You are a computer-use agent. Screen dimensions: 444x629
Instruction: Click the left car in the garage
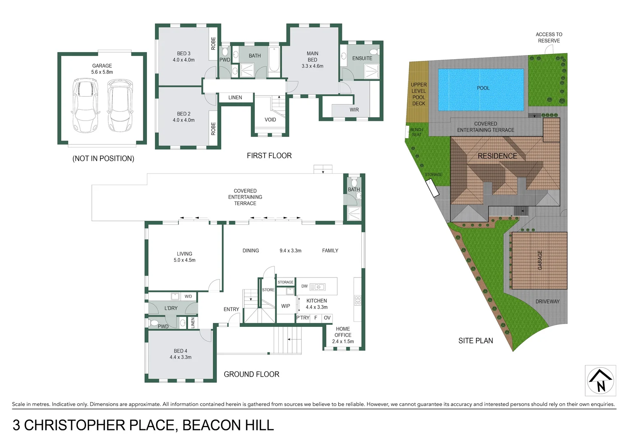click(x=85, y=105)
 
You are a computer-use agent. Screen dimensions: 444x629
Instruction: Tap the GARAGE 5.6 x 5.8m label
click(x=102, y=69)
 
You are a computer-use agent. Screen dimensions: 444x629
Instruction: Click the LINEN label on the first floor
click(x=235, y=97)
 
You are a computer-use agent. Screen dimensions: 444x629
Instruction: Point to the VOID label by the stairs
click(x=270, y=120)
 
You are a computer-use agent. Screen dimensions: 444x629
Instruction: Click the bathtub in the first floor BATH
click(x=274, y=60)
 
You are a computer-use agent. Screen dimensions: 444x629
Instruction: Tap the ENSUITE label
click(x=362, y=58)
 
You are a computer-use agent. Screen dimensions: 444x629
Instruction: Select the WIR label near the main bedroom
click(x=354, y=110)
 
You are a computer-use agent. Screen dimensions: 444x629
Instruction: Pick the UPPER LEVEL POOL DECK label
click(x=419, y=94)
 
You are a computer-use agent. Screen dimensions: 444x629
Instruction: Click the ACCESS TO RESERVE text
click(x=549, y=37)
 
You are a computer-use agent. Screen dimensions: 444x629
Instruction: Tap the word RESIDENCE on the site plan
click(x=497, y=156)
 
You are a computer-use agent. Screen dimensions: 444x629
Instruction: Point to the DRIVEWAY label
click(x=547, y=301)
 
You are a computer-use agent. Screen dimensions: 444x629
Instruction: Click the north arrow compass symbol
click(x=600, y=380)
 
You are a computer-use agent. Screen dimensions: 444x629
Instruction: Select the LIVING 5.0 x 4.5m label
click(x=184, y=257)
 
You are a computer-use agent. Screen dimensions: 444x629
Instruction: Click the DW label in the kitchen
click(x=304, y=286)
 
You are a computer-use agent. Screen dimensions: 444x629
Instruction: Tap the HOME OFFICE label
click(x=342, y=332)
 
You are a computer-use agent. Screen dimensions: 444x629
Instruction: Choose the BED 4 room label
click(x=180, y=354)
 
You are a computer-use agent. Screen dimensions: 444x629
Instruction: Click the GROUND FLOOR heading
click(x=251, y=374)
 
